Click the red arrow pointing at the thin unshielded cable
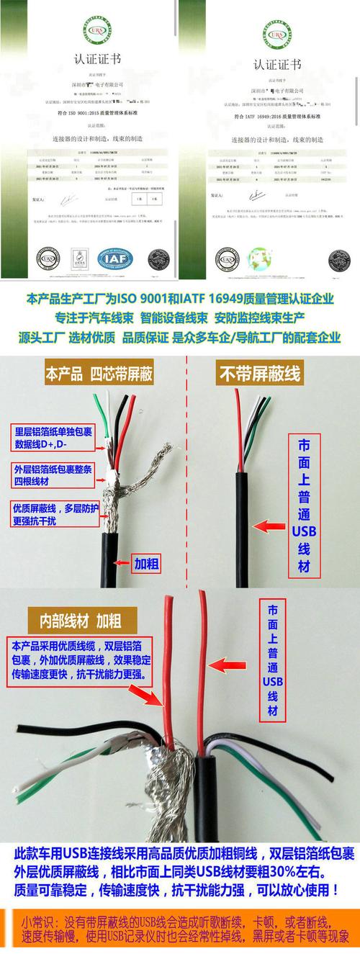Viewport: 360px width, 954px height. click(269, 527)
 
